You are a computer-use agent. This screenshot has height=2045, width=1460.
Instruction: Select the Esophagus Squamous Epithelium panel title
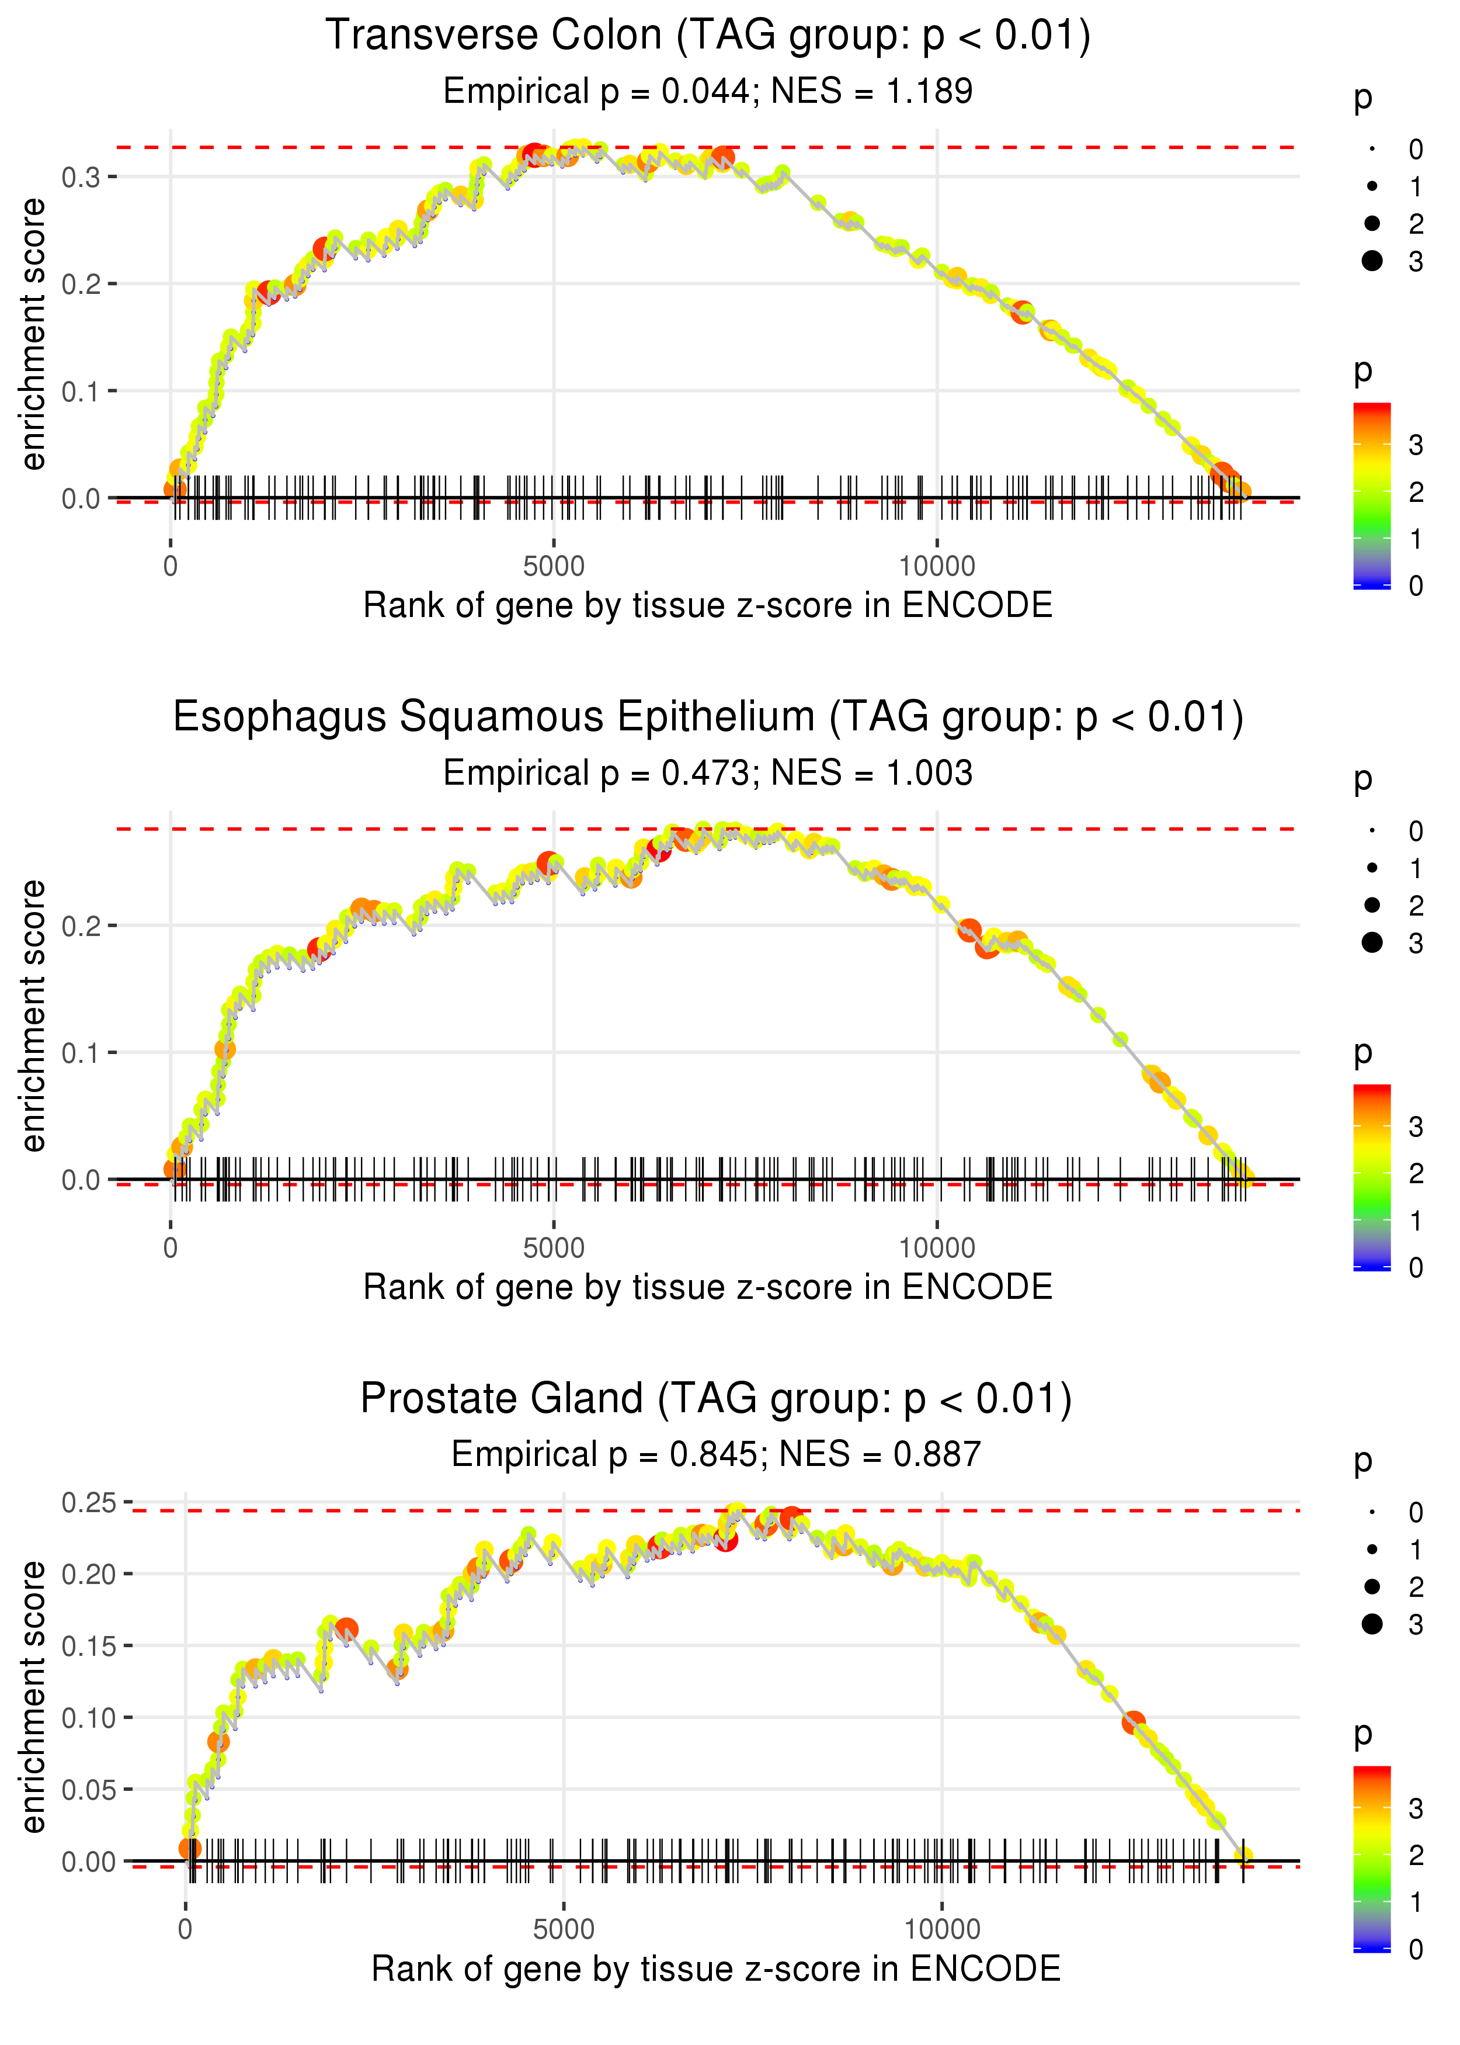[x=708, y=718]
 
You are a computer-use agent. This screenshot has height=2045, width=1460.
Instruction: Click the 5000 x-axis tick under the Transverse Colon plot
[x=554, y=567]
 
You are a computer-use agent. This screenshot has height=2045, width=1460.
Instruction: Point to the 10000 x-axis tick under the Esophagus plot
[x=937, y=1248]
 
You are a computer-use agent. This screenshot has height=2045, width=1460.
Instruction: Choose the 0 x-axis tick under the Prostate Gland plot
[x=185, y=1929]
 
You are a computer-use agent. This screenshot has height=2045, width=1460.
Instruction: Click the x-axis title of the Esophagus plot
[x=708, y=1287]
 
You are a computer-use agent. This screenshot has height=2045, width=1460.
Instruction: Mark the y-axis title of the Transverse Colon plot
[x=33, y=335]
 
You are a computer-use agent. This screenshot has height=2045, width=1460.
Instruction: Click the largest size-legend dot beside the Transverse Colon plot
[x=1372, y=261]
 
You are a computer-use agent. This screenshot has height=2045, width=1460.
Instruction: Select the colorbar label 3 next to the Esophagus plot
[x=1415, y=1127]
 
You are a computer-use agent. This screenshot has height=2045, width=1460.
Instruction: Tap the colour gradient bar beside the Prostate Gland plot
[x=1371, y=1858]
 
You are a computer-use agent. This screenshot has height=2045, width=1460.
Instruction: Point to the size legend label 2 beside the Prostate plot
[x=1415, y=1588]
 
